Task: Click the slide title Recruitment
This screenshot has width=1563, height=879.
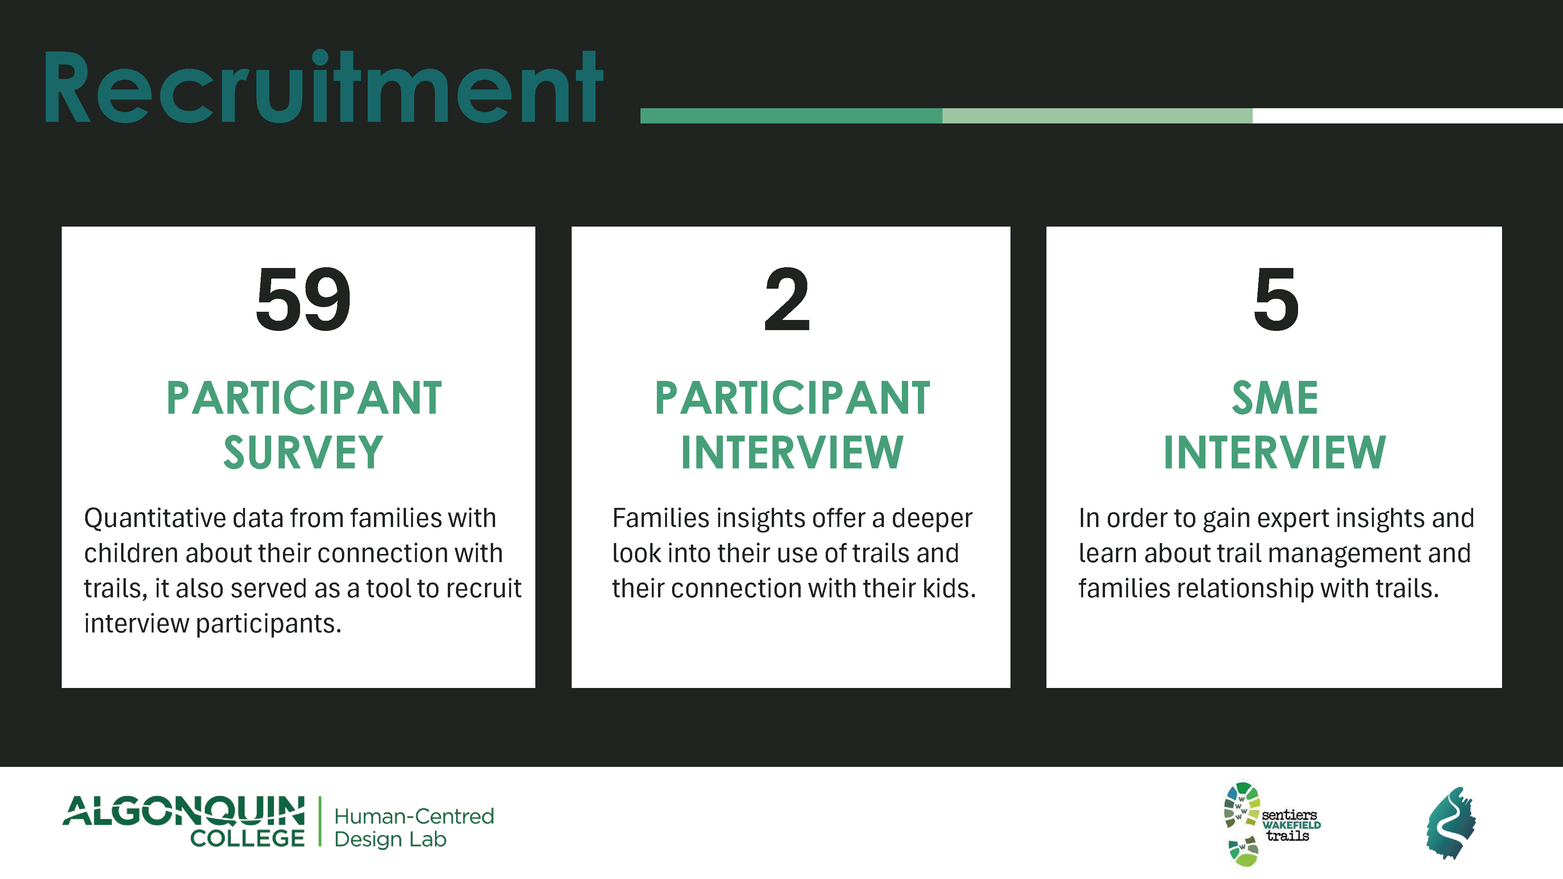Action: (323, 88)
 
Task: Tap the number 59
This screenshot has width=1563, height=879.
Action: (303, 299)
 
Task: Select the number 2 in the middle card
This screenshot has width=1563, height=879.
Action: (787, 299)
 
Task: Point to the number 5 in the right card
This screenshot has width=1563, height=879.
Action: (1276, 299)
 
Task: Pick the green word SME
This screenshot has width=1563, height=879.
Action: (1275, 398)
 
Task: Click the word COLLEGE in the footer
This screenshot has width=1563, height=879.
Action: (248, 838)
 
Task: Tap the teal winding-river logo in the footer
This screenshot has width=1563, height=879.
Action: (1451, 823)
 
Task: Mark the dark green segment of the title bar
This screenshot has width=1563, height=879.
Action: (791, 116)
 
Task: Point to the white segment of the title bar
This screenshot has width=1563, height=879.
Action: (1407, 116)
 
